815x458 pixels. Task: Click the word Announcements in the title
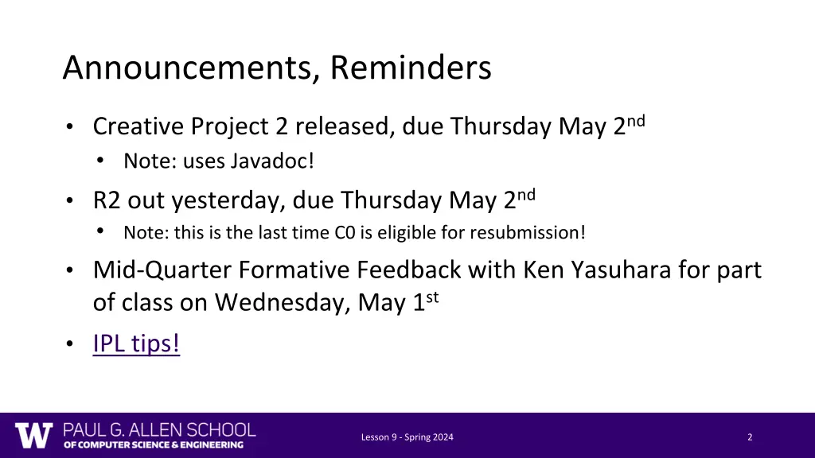click(189, 68)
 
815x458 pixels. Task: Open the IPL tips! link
click(136, 343)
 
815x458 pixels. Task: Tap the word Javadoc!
click(273, 161)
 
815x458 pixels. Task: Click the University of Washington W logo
click(33, 435)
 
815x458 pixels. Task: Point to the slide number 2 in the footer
click(750, 437)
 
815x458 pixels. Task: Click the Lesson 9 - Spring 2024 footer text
click(407, 437)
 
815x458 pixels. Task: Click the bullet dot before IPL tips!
click(70, 344)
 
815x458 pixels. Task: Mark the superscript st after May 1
click(434, 297)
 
